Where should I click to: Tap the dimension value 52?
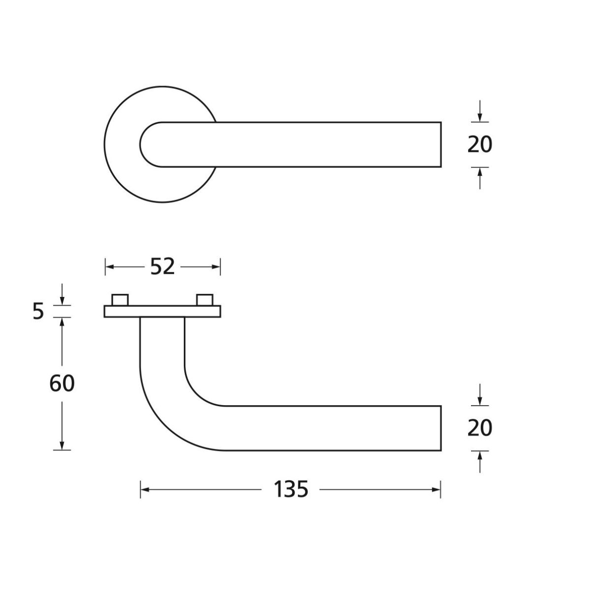[x=162, y=266]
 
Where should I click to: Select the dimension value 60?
[x=62, y=383]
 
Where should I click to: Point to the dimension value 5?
[x=38, y=311]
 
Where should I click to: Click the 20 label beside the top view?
[x=480, y=145]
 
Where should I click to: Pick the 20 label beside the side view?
[x=480, y=428]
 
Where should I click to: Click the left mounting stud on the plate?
[x=120, y=300]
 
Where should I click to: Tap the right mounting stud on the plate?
[x=205, y=300]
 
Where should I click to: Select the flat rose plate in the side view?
[x=162, y=311]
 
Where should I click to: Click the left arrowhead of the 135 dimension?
[x=145, y=490]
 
